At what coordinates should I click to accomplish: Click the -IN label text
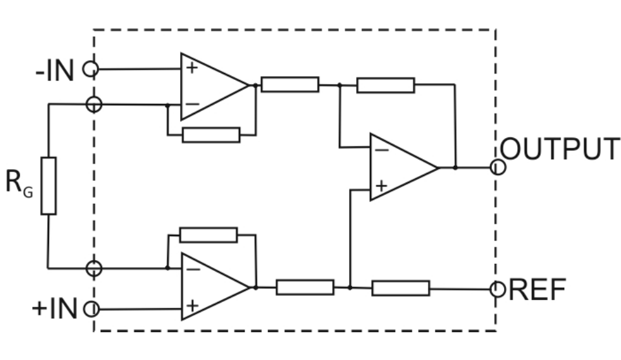(x=55, y=71)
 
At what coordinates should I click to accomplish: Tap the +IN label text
(x=55, y=309)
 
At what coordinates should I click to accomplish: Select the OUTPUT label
(x=560, y=149)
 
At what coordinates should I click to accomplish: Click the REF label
(x=537, y=290)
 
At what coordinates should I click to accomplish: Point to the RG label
(x=19, y=183)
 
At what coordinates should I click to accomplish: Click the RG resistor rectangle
(x=48, y=186)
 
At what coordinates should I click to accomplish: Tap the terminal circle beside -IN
(x=90, y=69)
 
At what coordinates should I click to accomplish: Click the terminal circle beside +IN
(x=92, y=309)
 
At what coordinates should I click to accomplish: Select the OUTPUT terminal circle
(x=498, y=167)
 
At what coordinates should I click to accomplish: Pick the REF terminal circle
(x=498, y=289)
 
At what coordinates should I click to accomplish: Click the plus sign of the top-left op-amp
(x=192, y=68)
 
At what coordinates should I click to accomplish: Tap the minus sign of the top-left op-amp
(x=192, y=104)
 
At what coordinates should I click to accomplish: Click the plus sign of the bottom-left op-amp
(x=192, y=306)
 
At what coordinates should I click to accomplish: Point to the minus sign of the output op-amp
(x=382, y=150)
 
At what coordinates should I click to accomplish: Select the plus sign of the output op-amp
(x=382, y=186)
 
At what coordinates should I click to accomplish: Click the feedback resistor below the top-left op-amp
(x=211, y=135)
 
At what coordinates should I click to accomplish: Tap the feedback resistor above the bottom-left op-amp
(x=209, y=235)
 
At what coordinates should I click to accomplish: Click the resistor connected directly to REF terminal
(x=401, y=288)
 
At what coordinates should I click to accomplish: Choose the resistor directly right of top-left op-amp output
(x=290, y=85)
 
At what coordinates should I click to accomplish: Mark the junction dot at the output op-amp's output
(x=455, y=168)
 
